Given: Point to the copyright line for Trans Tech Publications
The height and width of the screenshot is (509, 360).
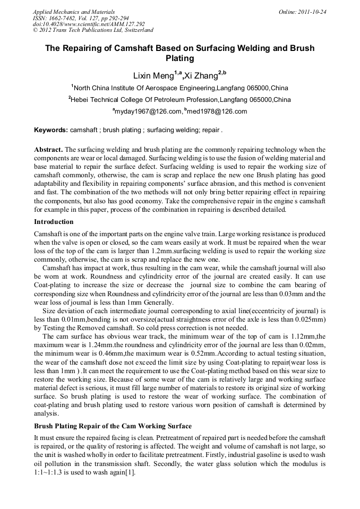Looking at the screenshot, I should [x=93, y=30].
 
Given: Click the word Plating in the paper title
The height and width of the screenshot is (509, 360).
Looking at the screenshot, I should [x=179, y=58].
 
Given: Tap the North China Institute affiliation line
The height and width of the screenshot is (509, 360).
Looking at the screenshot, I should [x=180, y=88].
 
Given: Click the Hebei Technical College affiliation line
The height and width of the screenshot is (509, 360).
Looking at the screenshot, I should [x=179, y=100].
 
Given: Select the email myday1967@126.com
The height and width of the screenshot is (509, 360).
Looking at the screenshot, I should [x=145, y=111].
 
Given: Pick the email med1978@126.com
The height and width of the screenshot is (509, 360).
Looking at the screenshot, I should [x=217, y=111].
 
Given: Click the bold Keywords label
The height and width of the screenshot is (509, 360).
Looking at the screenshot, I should [x=51, y=130].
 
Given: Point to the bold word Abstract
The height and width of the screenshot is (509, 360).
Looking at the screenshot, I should [x=48, y=150].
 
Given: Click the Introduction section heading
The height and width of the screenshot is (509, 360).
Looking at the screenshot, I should [x=54, y=222].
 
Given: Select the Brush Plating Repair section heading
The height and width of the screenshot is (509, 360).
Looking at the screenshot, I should [x=113, y=426].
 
